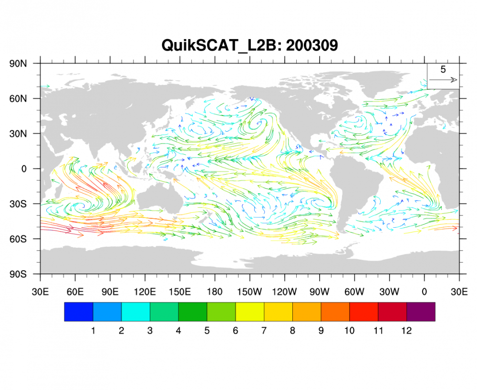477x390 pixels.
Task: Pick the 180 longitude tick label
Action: [x=215, y=291]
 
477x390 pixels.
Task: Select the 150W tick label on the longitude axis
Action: [x=249, y=291]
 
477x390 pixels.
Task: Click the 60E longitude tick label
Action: [x=75, y=291]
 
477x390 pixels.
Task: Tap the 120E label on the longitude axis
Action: [x=145, y=291]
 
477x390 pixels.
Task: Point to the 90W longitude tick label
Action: [x=319, y=291]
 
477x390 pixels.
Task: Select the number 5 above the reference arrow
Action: [x=443, y=70]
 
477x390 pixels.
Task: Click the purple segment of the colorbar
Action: [x=421, y=312]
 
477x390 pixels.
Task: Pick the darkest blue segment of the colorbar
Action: [x=79, y=312]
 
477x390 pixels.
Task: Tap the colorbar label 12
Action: [x=406, y=330]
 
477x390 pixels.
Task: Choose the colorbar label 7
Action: [x=264, y=330]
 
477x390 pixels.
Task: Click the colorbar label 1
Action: [x=93, y=330]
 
